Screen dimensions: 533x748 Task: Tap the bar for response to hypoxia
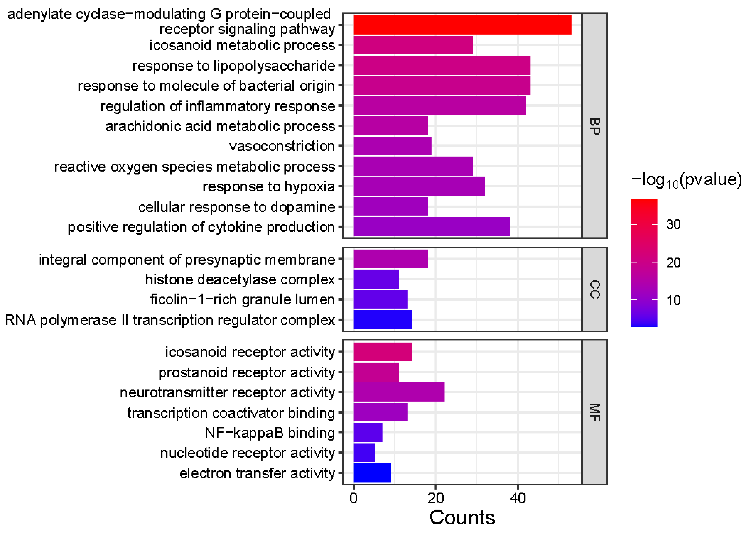(x=419, y=186)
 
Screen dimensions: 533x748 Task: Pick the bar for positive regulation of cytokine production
(x=431, y=226)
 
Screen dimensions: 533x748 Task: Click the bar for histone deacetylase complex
(x=376, y=279)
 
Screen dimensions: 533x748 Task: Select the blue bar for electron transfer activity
(x=372, y=473)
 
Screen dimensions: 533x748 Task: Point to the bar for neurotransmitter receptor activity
(x=398, y=392)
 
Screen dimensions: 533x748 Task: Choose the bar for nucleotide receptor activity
(x=364, y=453)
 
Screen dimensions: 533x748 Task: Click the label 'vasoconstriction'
(x=282, y=146)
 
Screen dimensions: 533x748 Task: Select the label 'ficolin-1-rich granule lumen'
(x=242, y=299)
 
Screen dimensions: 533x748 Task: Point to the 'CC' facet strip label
(x=594, y=289)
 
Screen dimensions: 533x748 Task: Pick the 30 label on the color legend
(x=673, y=224)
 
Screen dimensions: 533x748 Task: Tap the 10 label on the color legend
(x=673, y=300)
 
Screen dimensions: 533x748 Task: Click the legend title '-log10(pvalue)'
(x=686, y=180)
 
